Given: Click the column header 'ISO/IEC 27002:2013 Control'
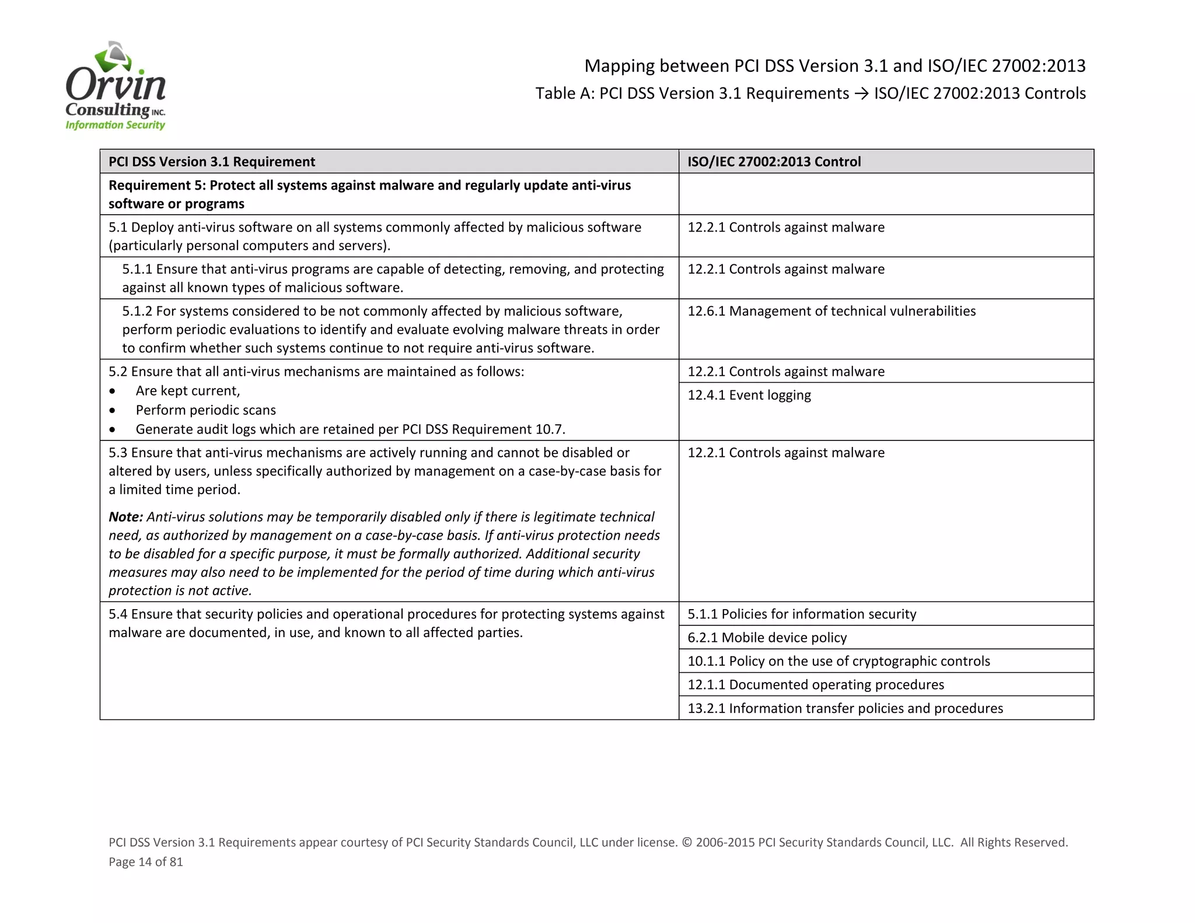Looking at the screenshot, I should point(774,162).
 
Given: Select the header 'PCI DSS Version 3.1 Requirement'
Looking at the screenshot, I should point(212,162).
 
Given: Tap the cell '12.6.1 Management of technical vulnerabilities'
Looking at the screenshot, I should point(831,311).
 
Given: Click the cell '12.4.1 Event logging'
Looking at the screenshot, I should point(749,395).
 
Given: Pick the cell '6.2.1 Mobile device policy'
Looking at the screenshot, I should point(767,637).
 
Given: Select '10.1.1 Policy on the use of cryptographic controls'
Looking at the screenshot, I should point(838,661).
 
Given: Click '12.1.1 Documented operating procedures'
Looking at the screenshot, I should point(815,684).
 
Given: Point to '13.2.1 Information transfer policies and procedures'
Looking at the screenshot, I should point(845,708).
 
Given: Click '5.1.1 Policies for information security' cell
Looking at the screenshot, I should point(802,614).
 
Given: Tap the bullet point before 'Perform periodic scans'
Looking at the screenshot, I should point(112,411).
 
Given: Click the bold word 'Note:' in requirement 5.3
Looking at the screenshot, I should point(125,517).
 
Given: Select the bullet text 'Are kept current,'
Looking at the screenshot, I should point(188,391).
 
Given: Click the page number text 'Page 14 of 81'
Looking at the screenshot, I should point(146,862).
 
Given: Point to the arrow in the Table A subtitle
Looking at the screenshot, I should point(861,94).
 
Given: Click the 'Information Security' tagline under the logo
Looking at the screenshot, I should point(116,125).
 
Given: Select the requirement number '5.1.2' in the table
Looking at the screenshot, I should point(137,311).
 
